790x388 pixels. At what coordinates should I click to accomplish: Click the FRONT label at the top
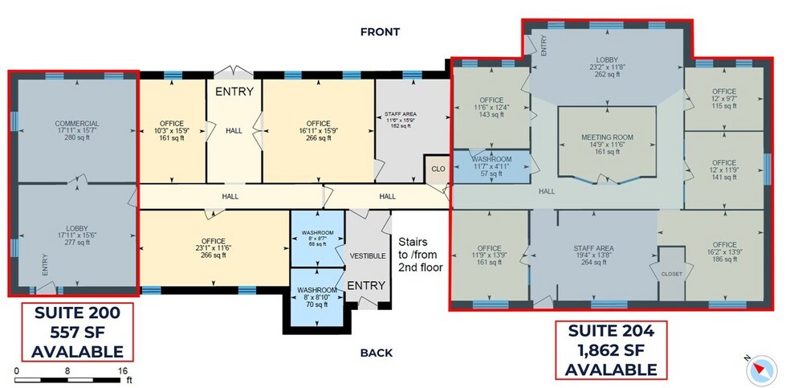[380, 32]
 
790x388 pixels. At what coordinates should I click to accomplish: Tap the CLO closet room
[438, 169]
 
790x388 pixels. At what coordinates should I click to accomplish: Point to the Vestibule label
[367, 255]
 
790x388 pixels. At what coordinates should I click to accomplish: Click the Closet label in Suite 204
[671, 274]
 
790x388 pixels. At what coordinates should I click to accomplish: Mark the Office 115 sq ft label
[723, 98]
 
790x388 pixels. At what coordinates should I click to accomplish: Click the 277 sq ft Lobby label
[77, 236]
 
